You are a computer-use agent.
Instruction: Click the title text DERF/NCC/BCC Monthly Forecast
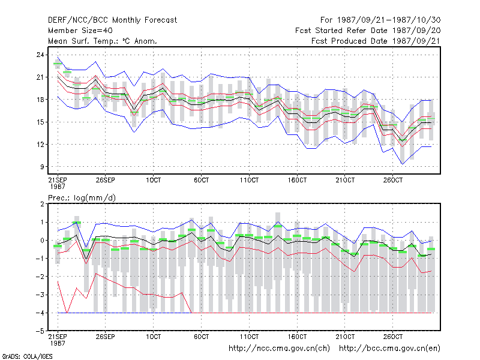[x=112, y=20]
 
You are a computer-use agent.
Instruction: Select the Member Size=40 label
[x=80, y=31]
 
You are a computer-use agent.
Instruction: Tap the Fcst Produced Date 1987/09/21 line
[x=376, y=41]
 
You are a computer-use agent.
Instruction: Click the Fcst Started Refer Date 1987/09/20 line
[x=368, y=31]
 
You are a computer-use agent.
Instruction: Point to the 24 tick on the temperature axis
[x=40, y=55]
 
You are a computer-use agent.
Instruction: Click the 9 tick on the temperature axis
[x=42, y=167]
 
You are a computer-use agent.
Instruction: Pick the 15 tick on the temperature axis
[x=40, y=122]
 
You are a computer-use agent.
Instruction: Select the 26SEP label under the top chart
[x=106, y=180]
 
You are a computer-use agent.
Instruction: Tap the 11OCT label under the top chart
[x=249, y=180]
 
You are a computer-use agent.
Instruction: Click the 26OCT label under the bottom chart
[x=393, y=337]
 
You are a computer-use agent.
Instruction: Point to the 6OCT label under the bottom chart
[x=201, y=337]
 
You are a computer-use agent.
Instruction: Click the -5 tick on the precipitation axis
[x=40, y=331]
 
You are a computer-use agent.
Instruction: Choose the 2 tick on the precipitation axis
[x=42, y=204]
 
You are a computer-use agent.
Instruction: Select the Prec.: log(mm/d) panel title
[x=82, y=198]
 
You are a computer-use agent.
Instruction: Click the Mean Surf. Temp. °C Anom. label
[x=103, y=41]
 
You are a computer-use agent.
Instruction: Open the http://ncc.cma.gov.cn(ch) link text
[x=279, y=349]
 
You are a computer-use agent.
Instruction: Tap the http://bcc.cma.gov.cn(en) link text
[x=389, y=349]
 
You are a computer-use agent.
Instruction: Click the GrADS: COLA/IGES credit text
[x=27, y=356]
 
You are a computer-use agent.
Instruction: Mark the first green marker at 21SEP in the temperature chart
[x=58, y=64]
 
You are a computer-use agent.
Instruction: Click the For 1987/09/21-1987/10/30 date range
[x=380, y=20]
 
